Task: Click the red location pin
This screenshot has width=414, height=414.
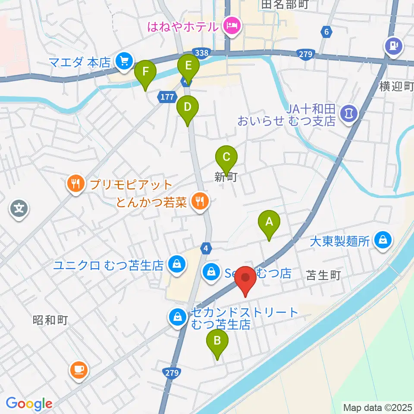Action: [x=245, y=281]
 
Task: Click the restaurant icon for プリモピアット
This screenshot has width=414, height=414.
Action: [x=75, y=185]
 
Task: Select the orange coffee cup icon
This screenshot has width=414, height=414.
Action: [x=79, y=370]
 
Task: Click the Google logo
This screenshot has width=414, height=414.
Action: [x=29, y=403]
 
